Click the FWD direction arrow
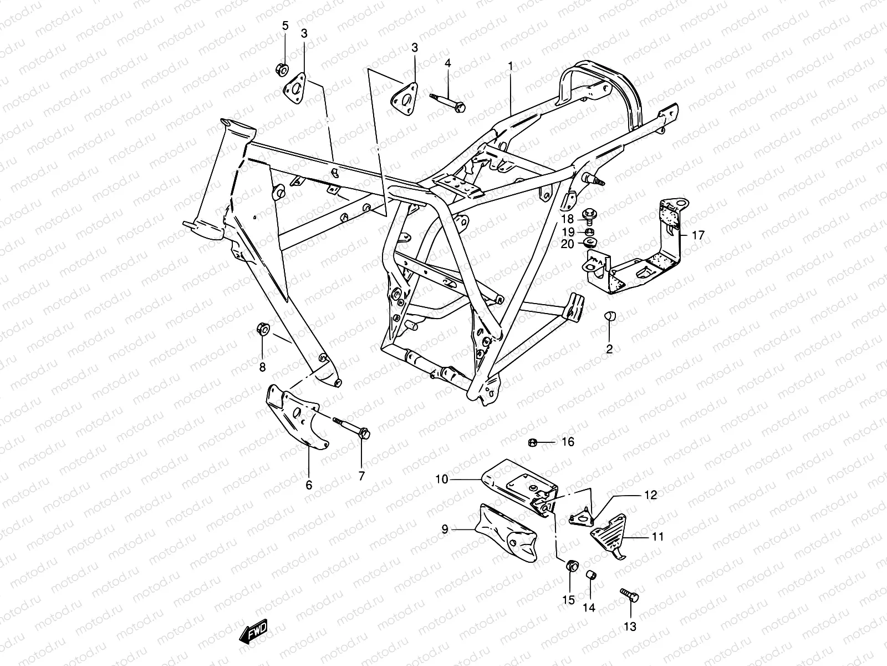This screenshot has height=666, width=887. [x=254, y=632]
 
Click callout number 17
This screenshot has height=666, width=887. [x=698, y=235]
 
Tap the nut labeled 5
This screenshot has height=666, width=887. [x=281, y=69]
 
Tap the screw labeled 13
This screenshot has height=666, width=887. [x=629, y=595]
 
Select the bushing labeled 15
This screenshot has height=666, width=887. [x=570, y=566]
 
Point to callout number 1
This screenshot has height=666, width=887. [x=510, y=65]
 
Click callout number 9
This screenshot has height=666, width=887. [x=444, y=529]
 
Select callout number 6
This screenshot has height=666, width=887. [x=309, y=485]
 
